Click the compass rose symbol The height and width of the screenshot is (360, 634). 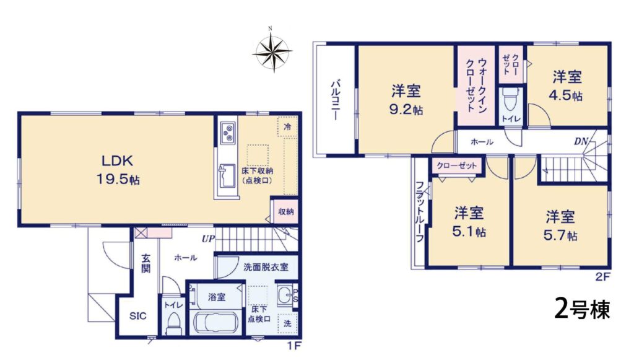tap(272, 51)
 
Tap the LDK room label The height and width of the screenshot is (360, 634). tap(117, 161)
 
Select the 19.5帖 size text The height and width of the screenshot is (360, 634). tap(118, 179)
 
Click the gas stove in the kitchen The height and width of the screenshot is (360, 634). tap(228, 131)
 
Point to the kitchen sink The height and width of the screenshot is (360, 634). tap(227, 176)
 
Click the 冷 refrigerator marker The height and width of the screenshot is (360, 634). tap(287, 126)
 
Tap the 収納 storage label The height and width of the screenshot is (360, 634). tap(286, 211)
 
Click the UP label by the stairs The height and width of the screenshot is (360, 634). tap(208, 239)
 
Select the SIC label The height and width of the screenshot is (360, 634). tap(138, 316)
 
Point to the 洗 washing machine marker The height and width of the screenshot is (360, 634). tap(287, 323)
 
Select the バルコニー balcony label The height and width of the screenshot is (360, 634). tap(335, 100)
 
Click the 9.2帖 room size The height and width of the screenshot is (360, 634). tap(406, 109)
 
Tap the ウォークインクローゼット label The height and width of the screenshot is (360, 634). tap(476, 85)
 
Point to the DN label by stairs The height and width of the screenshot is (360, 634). tap(581, 141)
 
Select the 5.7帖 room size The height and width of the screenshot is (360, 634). tap(560, 235)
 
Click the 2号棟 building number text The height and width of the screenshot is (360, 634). tap(581, 309)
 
